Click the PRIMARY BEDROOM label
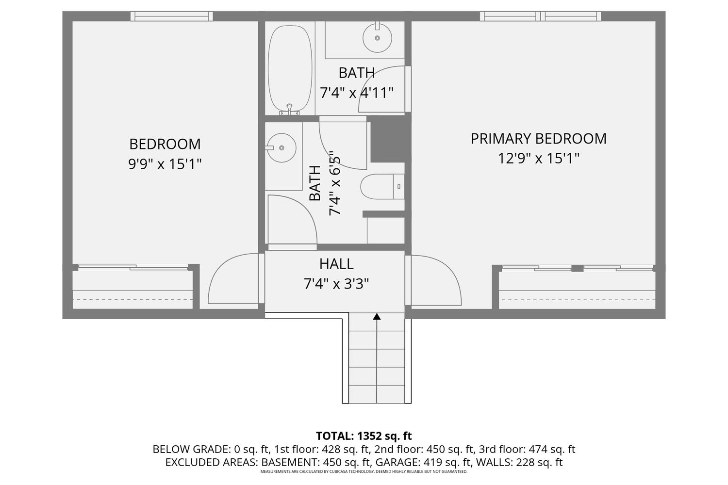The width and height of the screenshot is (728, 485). click(539, 139)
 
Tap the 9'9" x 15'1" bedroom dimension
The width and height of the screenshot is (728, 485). click(165, 164)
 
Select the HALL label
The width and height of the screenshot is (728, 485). click(336, 264)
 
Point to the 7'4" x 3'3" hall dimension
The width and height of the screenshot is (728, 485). click(336, 284)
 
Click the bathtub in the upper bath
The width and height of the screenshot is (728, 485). click(290, 68)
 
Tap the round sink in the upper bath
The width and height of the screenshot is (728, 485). click(377, 38)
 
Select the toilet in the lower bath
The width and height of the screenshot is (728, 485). click(382, 186)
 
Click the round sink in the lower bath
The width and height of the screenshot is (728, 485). click(281, 148)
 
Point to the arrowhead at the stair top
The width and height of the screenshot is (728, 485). click(377, 316)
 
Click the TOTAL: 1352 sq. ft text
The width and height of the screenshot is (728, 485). click(364, 436)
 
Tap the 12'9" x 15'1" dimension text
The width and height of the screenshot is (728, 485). click(539, 159)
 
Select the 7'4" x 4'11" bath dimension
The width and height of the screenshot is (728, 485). click(357, 93)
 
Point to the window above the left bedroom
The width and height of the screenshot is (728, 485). click(172, 16)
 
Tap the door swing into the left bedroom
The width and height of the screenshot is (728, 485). click(233, 278)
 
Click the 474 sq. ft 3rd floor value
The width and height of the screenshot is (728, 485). click(552, 449)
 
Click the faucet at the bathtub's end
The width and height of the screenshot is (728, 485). click(290, 110)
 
